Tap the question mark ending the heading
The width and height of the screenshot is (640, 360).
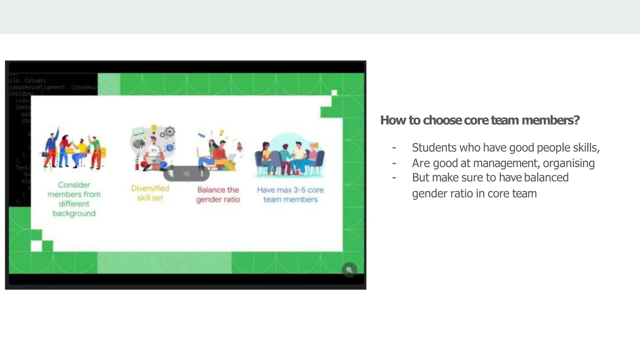577,120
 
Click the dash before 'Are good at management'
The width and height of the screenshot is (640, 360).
394,163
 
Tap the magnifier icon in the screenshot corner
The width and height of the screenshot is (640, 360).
349,269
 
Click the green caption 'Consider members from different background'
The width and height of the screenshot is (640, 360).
74,199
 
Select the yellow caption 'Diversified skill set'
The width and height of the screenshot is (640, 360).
150,193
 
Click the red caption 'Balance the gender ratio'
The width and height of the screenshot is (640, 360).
218,194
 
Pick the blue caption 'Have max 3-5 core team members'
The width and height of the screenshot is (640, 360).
290,194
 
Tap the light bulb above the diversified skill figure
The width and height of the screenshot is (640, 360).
153,128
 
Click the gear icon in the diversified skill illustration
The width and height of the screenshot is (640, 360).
170,131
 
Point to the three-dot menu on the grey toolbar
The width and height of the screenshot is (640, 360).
202,173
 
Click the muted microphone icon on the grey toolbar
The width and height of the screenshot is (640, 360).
171,173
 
